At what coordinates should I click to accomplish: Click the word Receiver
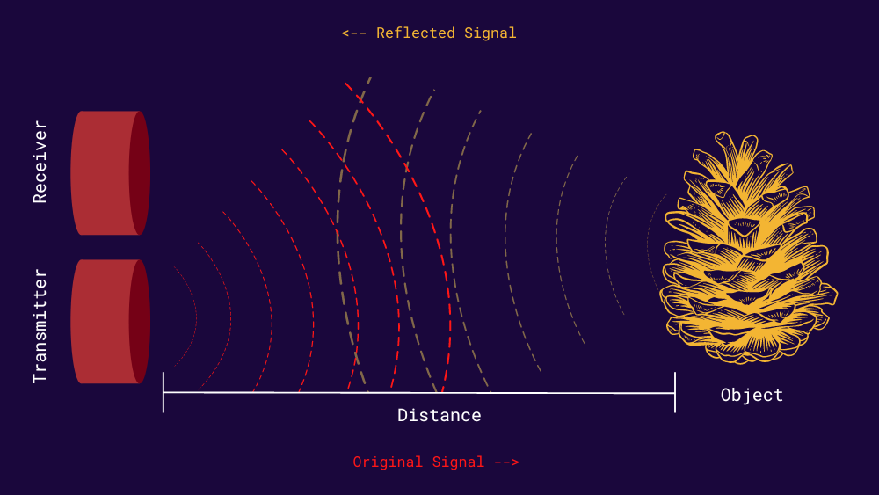40,163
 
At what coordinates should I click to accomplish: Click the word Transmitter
40,326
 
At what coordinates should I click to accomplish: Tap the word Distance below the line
439,415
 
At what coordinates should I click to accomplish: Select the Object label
752,395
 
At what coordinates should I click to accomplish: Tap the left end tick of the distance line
163,392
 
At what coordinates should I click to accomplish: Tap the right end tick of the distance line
675,392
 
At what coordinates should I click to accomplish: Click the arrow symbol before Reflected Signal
354,33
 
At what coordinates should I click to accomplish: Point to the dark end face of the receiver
140,172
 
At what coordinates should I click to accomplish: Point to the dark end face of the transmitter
140,321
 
